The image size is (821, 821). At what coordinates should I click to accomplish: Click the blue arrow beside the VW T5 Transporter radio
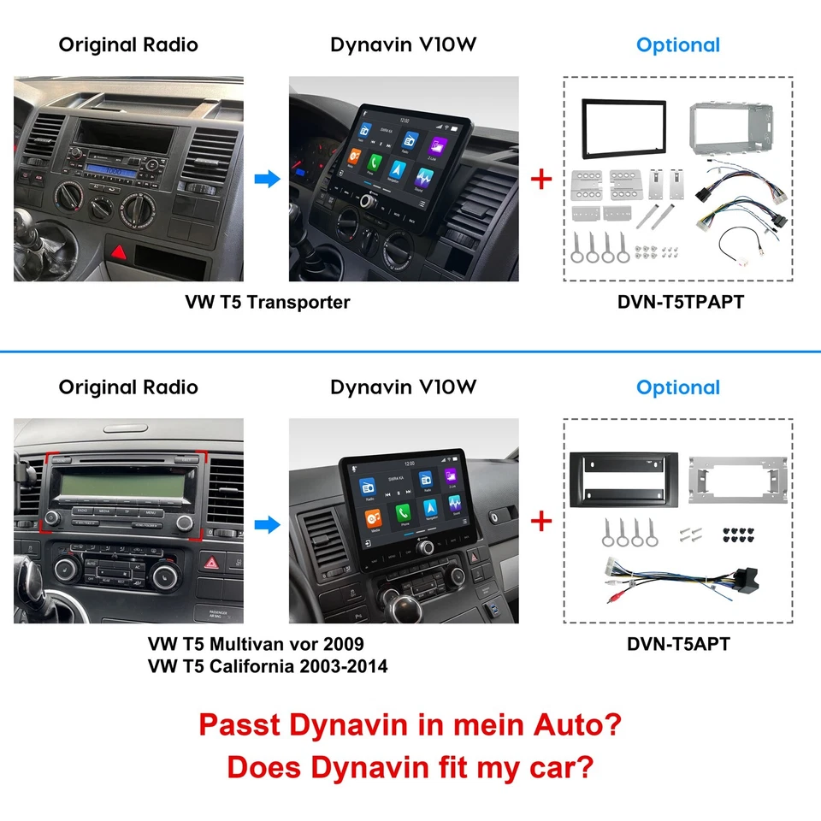pos(269,180)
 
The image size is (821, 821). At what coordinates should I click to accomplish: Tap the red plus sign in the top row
pos(541,180)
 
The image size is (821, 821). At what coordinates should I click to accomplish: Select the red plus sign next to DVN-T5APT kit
pos(541,521)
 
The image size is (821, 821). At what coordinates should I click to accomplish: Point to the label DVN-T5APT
pos(678,643)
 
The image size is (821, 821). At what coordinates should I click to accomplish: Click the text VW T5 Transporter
pos(268,302)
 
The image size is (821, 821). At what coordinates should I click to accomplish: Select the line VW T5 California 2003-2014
pos(268,665)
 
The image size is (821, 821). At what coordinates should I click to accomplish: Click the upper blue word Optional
pos(678,45)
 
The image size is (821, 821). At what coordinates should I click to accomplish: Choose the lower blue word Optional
pos(678,387)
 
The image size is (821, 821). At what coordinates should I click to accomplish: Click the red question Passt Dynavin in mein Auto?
pos(410,726)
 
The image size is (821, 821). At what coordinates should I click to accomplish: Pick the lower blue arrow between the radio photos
pos(269,524)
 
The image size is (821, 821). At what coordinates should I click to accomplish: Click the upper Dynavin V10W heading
pos(403,45)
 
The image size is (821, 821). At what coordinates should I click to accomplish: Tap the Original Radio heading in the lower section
pos(128,387)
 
